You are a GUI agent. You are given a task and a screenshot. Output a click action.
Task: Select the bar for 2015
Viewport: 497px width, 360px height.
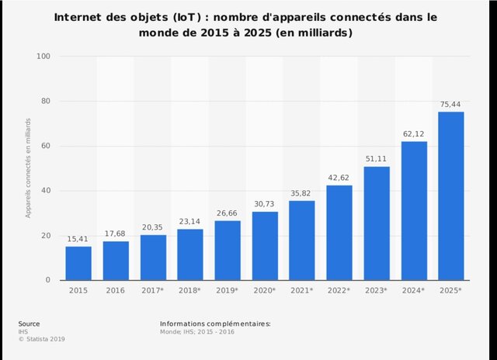[78, 263]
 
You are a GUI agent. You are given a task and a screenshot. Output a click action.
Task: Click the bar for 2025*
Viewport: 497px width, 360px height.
[451, 196]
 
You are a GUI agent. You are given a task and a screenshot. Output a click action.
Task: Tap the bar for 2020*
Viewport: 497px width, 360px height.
[265, 246]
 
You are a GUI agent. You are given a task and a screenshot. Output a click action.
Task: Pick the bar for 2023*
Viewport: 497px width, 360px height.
[377, 223]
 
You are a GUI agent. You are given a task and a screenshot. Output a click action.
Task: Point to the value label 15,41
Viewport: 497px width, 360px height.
[78, 240]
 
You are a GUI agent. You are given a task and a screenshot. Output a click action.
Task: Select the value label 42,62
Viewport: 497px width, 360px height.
[339, 178]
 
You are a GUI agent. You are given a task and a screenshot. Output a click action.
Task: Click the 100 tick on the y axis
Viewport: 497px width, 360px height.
[43, 57]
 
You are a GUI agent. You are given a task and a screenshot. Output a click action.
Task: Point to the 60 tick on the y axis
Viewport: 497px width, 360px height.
[46, 146]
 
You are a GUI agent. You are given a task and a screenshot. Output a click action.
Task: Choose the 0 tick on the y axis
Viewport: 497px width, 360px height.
[48, 280]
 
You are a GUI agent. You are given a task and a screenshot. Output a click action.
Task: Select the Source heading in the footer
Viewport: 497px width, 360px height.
[30, 323]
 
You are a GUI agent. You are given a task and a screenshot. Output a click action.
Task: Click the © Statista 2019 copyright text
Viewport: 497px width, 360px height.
[43, 338]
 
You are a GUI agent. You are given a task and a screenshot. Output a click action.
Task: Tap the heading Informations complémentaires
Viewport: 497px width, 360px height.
[215, 323]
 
